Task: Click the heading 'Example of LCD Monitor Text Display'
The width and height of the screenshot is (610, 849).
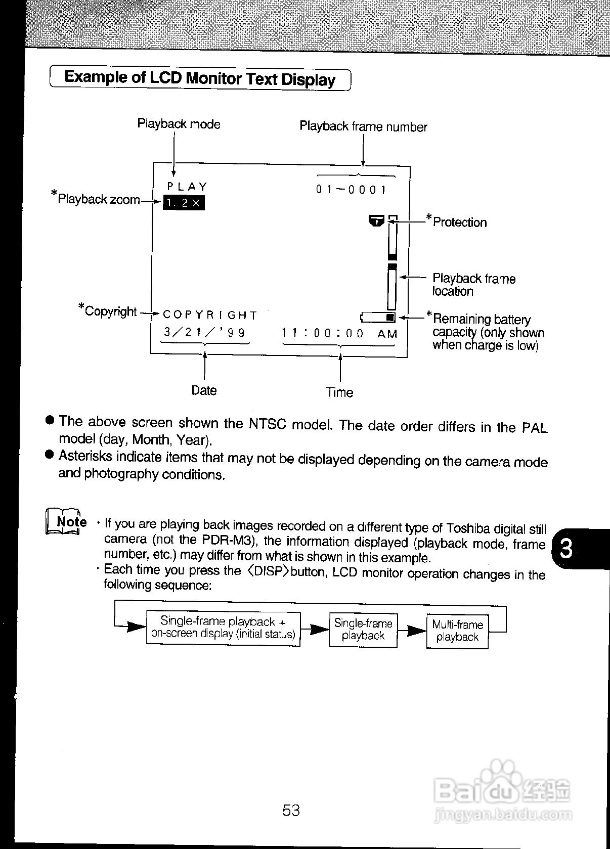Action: (x=200, y=78)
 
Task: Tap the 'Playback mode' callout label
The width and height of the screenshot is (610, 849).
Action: (x=179, y=124)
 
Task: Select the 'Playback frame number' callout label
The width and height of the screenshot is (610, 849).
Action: (x=363, y=126)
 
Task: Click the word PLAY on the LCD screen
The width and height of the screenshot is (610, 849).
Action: (x=187, y=187)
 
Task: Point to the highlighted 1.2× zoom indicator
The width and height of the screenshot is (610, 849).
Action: (x=184, y=203)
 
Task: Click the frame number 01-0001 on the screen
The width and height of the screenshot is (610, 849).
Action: (x=351, y=190)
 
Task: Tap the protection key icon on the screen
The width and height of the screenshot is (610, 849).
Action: (x=377, y=220)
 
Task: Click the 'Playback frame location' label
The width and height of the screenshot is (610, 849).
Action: (x=473, y=285)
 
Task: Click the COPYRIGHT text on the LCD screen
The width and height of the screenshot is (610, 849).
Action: (x=210, y=315)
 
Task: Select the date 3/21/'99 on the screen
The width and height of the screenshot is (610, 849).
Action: (x=204, y=332)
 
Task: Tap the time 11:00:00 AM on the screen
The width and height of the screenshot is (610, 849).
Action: (x=339, y=333)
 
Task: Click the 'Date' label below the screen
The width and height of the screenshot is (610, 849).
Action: (x=204, y=390)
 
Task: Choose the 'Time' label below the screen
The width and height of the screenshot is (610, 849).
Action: (x=339, y=392)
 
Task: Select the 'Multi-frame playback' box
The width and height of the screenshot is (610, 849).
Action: (x=457, y=631)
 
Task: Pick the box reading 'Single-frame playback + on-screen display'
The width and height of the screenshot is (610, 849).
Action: (x=223, y=628)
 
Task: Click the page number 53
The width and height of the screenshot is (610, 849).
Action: (x=291, y=811)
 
